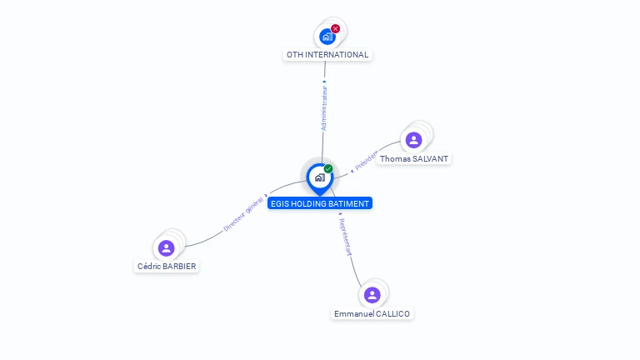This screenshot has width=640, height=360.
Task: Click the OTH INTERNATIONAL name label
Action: point(327,55)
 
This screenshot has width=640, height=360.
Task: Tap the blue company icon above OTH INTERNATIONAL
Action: point(327,37)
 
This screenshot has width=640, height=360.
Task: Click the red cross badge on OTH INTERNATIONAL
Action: point(336,28)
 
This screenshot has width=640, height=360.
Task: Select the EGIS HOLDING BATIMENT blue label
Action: point(320,203)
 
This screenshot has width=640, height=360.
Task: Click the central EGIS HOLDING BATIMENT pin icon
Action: point(319,177)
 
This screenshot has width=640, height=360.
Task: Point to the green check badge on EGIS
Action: point(328,169)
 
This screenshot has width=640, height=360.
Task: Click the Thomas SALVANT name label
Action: point(414,158)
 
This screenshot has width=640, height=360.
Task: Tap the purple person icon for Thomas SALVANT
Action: point(414,140)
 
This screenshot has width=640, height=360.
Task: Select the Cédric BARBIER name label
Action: point(167,267)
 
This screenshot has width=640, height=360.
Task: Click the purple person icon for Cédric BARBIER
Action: point(167,247)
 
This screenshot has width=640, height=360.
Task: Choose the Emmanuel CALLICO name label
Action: point(372,314)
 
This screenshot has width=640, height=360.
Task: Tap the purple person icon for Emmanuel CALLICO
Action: point(372,295)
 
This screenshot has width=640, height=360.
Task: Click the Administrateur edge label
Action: point(324,107)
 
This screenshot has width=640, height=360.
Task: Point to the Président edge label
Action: point(366,161)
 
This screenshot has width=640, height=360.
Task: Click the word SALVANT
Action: point(430,158)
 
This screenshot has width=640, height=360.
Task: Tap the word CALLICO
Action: point(392,314)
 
